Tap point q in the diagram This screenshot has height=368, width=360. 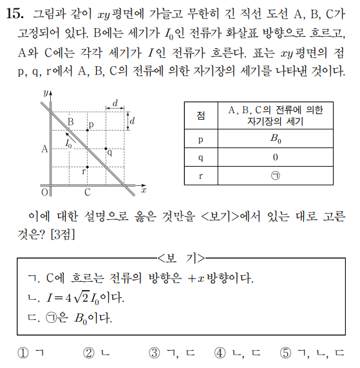[x=106, y=149]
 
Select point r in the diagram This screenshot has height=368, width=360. [x=88, y=167]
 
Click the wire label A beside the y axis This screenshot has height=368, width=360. [x=44, y=149]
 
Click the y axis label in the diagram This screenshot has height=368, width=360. [x=45, y=93]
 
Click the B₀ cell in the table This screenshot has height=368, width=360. [x=274, y=138]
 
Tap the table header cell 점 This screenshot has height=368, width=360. [x=202, y=116]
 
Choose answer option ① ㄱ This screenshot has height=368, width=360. [x=31, y=353]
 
